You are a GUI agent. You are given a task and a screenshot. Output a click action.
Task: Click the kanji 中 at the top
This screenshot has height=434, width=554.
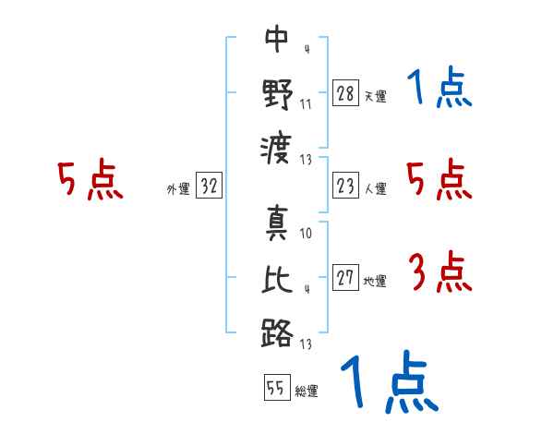(277, 39)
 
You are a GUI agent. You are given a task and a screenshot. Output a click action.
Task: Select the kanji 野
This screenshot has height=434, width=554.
(278, 94)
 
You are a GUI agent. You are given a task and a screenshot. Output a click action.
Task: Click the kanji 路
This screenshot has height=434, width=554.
(277, 333)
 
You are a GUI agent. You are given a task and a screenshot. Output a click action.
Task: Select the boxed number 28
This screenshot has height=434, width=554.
(345, 92)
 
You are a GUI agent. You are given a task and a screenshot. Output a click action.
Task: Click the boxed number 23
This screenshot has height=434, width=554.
(345, 186)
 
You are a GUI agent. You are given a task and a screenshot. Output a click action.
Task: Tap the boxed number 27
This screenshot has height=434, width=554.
(345, 277)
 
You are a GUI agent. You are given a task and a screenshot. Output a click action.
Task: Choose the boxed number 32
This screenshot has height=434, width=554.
(209, 185)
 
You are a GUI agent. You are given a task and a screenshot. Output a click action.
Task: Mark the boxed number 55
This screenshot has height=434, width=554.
(277, 387)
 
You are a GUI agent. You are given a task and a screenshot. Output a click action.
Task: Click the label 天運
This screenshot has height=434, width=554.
(376, 96)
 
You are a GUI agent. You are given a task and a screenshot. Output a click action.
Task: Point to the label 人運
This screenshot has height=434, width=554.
(376, 188)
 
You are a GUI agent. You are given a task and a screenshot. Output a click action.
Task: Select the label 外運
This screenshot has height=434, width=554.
(178, 188)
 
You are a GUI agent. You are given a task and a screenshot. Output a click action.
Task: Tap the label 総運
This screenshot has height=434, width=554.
(307, 391)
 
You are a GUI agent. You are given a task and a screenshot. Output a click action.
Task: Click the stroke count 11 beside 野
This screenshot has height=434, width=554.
(306, 104)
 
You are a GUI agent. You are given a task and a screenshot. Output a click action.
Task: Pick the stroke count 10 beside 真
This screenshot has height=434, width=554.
(306, 234)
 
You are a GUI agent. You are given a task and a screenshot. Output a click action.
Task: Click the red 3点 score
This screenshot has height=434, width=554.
(440, 271)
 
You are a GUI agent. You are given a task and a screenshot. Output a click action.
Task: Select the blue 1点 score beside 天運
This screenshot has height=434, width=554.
(440, 87)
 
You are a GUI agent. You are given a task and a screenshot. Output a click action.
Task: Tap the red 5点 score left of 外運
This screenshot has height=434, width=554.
(90, 179)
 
